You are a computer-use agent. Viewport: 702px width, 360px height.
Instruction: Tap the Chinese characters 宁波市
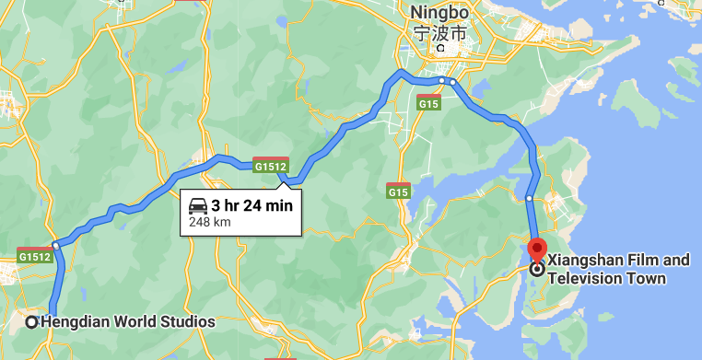(439, 35)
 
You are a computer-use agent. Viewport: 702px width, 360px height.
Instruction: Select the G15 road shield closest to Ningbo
(427, 103)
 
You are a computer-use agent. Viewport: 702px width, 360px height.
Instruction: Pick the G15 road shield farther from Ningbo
(398, 192)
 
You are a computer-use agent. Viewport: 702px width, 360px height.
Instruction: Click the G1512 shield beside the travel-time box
(271, 166)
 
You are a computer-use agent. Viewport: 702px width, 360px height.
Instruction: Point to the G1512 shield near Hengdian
(34, 257)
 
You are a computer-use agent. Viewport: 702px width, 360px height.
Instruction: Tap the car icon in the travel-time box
(198, 205)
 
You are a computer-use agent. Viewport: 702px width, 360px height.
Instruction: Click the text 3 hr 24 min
(252, 205)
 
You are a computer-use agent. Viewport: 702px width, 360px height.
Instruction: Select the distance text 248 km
(209, 222)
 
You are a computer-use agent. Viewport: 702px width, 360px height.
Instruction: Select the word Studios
(190, 322)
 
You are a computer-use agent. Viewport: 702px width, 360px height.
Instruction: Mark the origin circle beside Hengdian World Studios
(31, 322)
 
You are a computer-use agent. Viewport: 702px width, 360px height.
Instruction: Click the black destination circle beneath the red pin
(536, 269)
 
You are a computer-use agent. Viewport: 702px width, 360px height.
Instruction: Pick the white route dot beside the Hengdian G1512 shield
(56, 246)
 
